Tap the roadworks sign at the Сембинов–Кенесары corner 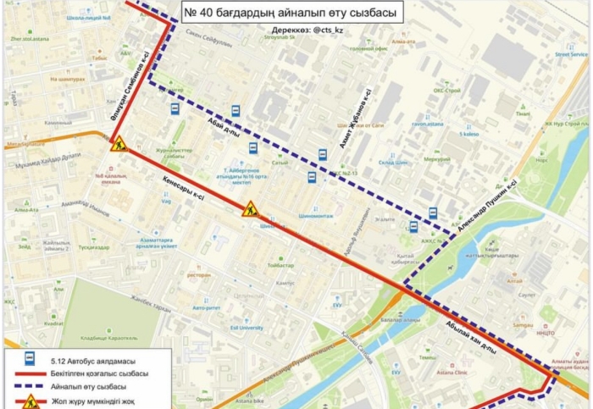(x=119, y=144)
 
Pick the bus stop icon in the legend (x=30, y=357)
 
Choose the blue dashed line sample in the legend (x=36, y=384)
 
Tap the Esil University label (x=246, y=327)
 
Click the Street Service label (x=570, y=53)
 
